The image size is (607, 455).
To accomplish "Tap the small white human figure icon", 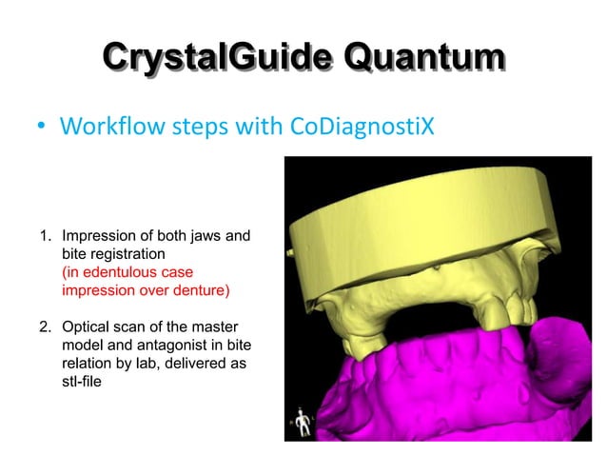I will [303, 420].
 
